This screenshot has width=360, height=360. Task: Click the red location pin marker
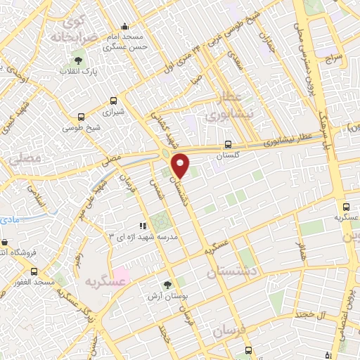point(180,165)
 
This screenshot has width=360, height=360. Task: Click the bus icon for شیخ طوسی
point(82,118)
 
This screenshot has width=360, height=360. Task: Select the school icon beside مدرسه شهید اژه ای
point(143,226)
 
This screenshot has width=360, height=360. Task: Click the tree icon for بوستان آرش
point(167,285)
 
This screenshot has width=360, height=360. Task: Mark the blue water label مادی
point(9,219)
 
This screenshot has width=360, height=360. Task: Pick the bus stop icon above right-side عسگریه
point(346,207)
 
